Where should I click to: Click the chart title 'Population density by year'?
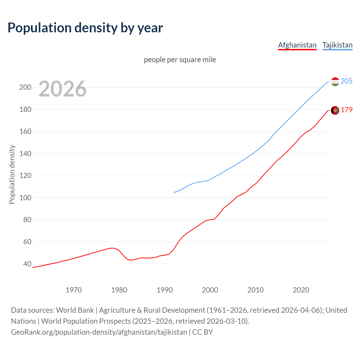pos(85,28)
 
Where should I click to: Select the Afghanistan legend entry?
pos(297,45)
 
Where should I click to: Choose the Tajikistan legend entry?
pos(337,45)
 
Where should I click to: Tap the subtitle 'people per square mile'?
pos(180,60)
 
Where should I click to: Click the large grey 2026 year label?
pos(62,89)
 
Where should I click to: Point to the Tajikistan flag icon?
pos(335,82)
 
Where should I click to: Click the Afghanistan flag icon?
pos(335,110)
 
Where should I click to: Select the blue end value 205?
pos(346,81)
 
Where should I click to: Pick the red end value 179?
pos(346,110)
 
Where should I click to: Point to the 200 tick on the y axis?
pos(25,87)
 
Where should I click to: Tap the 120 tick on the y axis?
pos(25,175)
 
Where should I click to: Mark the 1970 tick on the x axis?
pos(74,290)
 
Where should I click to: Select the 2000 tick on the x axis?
pos(210,290)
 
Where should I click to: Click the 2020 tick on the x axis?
pos(301,290)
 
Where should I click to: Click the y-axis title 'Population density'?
pos(12,174)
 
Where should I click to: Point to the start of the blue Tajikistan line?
pos(174,192)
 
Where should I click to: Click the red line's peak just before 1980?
pos(112,248)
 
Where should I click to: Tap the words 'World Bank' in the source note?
pos(75,310)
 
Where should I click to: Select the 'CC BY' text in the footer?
pos(202,332)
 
